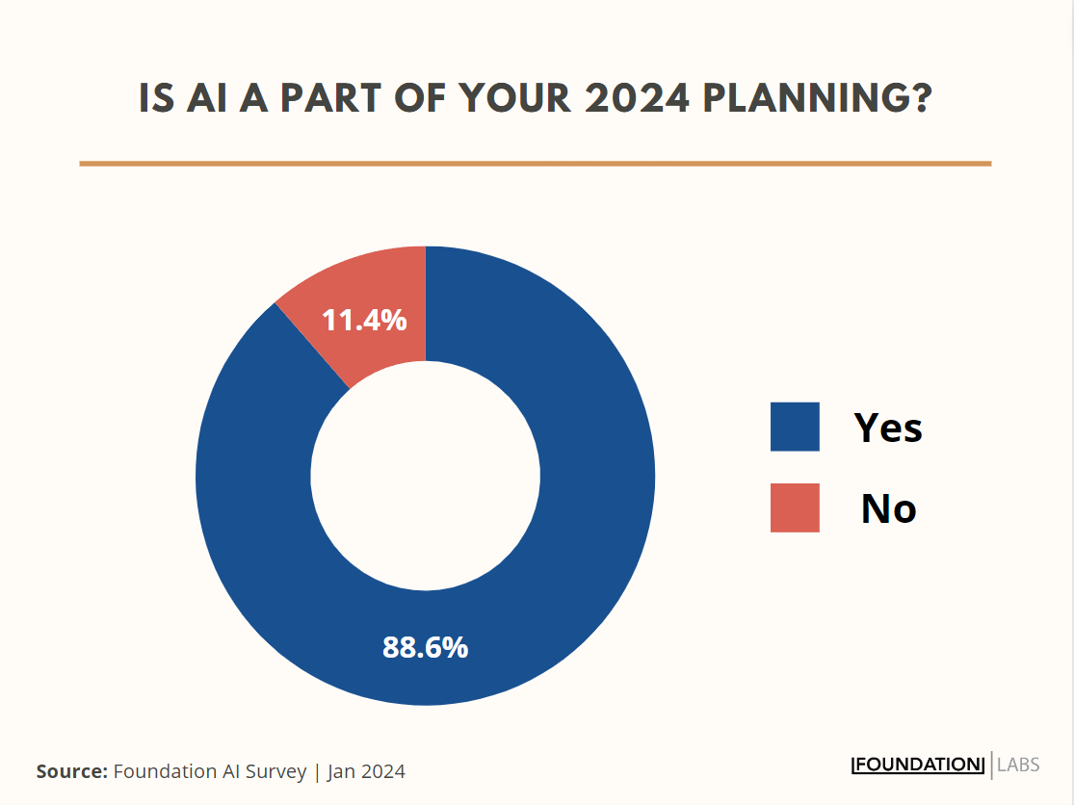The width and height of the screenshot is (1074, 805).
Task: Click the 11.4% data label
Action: [364, 320]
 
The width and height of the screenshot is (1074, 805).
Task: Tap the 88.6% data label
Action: [425, 647]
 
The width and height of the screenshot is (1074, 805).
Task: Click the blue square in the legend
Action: [795, 427]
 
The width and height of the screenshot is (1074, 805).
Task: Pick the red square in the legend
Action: [795, 507]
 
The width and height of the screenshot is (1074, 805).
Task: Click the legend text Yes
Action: [888, 427]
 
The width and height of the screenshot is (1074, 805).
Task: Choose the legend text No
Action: [888, 508]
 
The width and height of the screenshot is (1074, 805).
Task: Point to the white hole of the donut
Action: [425, 476]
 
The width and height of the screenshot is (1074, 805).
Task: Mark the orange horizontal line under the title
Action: [535, 164]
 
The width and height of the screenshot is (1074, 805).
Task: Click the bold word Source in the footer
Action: [71, 771]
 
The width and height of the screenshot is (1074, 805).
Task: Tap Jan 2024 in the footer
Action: [366, 771]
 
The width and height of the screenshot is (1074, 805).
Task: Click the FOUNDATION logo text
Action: [918, 766]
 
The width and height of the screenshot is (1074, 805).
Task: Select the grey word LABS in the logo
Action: [1018, 766]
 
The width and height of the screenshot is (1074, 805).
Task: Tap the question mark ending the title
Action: [921, 98]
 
